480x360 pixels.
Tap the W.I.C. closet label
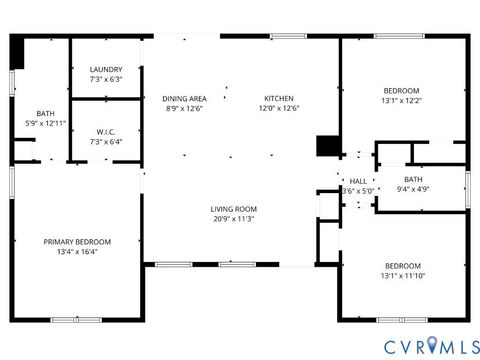(x=105, y=132)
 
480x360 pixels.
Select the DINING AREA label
(x=185, y=98)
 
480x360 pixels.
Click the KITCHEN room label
(x=279, y=98)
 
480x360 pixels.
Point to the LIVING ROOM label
(x=233, y=209)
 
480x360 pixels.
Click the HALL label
(x=357, y=181)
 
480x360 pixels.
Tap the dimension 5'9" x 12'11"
(x=46, y=123)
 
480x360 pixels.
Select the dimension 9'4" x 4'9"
(x=413, y=188)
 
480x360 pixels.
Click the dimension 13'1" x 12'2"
(x=402, y=100)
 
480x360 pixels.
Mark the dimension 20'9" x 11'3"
(x=233, y=219)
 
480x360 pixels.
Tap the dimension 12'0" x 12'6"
(x=279, y=108)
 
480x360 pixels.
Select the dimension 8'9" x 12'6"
(x=185, y=108)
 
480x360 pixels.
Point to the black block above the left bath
(x=17, y=53)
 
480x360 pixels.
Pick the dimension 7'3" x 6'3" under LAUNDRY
(x=105, y=79)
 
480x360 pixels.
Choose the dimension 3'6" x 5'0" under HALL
(x=357, y=190)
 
